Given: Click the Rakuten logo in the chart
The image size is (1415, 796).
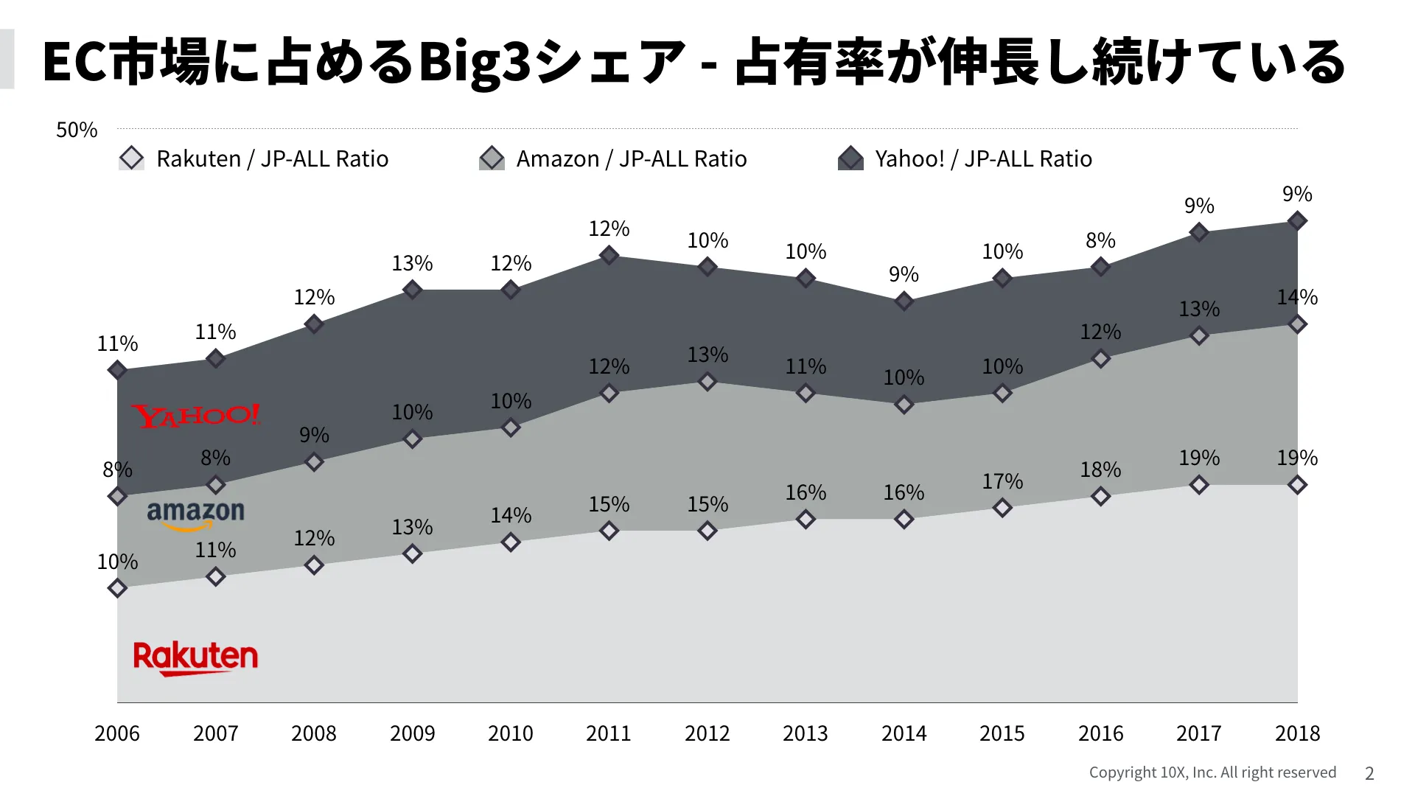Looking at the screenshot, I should (x=195, y=657).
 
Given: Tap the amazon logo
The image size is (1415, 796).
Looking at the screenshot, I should (x=195, y=514).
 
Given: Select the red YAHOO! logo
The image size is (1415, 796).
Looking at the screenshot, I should (x=196, y=416).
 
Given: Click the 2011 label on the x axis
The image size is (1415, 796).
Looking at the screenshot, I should (x=609, y=733).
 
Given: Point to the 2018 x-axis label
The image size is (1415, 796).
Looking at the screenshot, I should (x=1297, y=733).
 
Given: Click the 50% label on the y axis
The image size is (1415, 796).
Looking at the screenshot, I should (x=77, y=130).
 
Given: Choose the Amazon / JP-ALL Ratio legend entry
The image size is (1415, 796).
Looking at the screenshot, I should (x=613, y=158).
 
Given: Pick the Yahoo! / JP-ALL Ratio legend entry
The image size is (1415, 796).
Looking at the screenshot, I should (x=965, y=158).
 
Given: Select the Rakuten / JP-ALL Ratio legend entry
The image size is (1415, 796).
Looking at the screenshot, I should (x=254, y=158).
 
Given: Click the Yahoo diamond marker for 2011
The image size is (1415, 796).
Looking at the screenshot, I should (x=609, y=255).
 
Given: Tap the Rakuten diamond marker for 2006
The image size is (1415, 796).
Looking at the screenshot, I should (x=117, y=588).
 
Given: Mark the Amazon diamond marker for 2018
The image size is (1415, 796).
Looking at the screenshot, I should (x=1297, y=324).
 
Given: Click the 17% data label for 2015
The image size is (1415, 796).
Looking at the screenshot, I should (x=1002, y=481).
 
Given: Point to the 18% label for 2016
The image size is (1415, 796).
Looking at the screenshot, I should (x=1100, y=469).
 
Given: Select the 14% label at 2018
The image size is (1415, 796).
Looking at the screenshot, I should (x=1297, y=297).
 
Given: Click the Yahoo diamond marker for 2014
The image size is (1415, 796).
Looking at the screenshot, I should (x=904, y=301).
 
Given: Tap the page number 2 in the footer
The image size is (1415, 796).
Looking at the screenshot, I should (x=1369, y=773).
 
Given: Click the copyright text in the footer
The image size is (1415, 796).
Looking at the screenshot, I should (x=1212, y=772).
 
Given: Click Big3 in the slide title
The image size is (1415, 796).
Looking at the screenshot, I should (x=475, y=62).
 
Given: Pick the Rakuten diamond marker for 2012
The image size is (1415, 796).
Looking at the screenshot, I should (x=707, y=531).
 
